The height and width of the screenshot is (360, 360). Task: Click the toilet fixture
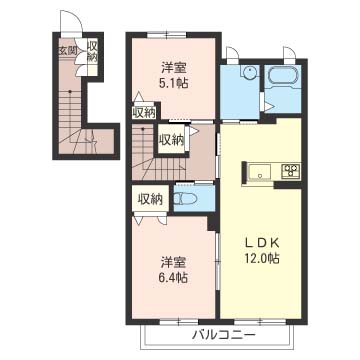point(186,199)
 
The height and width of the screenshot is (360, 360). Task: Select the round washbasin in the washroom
point(249,71)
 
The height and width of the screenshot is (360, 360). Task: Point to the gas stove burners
point(291,170)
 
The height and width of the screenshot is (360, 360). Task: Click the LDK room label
point(262,244)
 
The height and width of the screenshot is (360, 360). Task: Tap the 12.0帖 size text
point(262,258)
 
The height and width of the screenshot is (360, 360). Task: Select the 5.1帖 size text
point(173,83)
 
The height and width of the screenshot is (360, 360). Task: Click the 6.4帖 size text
point(173,276)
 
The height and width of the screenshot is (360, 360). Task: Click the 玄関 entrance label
point(68,51)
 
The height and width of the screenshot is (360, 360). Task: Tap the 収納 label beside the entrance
point(92,51)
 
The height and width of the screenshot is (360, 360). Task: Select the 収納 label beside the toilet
point(150,199)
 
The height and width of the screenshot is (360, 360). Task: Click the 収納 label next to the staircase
point(171,139)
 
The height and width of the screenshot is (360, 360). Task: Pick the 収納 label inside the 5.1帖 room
point(144,113)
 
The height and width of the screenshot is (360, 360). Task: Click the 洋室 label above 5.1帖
point(173,68)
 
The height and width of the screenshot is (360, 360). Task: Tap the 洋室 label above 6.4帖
point(173,262)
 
